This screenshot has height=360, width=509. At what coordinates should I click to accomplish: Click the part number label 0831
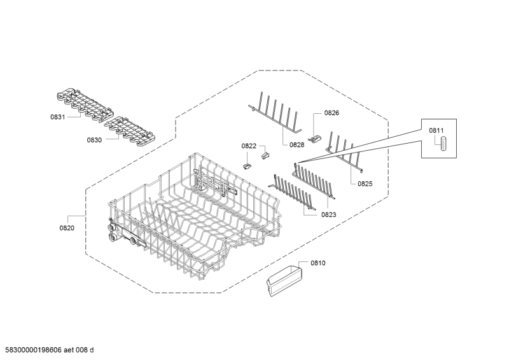pos(57,118)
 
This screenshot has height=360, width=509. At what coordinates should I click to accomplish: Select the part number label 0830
pos(94,139)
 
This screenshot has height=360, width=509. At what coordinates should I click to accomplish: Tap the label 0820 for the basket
pos(67,228)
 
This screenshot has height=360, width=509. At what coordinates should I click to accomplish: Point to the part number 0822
pos(248,146)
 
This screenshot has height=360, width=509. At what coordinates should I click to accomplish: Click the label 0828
pos(296,145)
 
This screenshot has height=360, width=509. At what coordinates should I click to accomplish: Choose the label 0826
pos(331,113)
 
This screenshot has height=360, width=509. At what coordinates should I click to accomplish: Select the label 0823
pos(328,215)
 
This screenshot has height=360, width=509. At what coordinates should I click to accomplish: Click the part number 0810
pos(317,263)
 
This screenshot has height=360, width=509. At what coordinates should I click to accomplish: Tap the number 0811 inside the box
pos(436,130)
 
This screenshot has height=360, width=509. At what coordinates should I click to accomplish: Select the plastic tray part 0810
pos(284,281)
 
